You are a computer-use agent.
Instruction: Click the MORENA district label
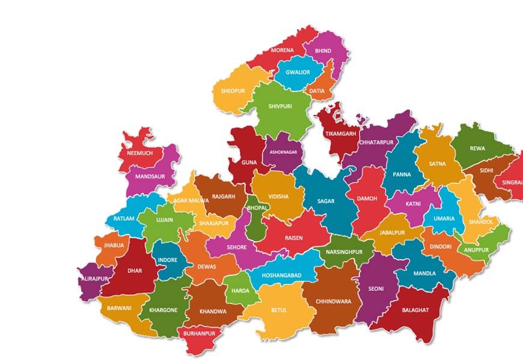[283, 50]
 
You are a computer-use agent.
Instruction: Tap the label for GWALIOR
[298, 73]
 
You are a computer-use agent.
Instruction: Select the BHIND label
[323, 51]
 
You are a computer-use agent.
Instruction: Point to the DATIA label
[317, 91]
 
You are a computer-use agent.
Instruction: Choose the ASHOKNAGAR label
[283, 153]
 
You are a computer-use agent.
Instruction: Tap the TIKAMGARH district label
[340, 133]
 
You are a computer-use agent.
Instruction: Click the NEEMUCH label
[140, 153]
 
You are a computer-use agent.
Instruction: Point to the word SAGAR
[326, 201]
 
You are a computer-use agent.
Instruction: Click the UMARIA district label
[444, 219]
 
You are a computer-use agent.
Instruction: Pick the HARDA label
[240, 291]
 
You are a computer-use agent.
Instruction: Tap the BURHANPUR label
[199, 332]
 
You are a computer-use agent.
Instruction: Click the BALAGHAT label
[415, 310]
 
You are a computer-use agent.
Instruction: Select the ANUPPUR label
[477, 250]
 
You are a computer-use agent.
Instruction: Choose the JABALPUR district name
[392, 233]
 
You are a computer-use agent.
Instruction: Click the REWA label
[477, 148]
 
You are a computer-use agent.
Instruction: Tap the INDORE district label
[168, 260]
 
